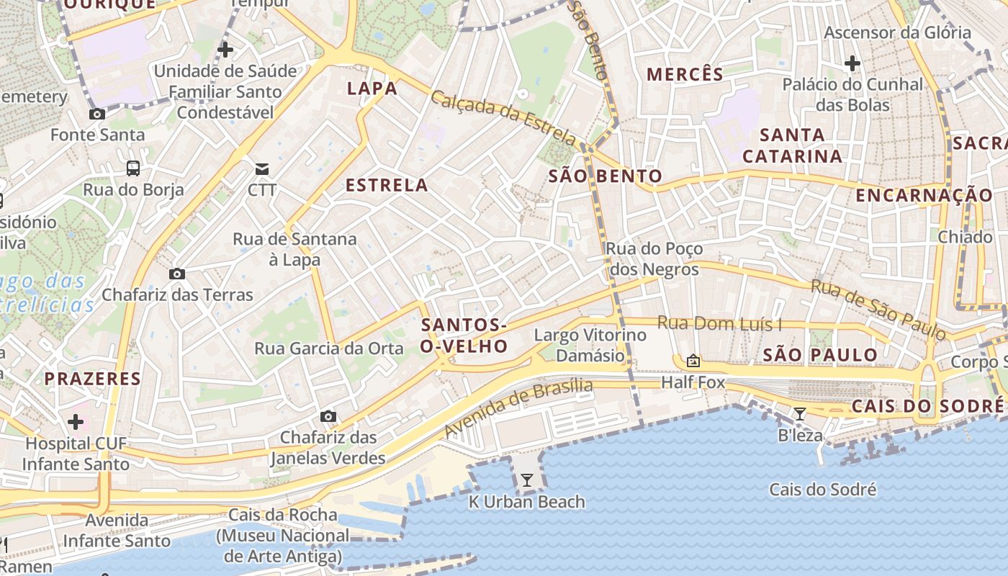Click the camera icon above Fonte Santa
96,114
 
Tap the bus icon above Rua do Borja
133,168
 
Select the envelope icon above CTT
262,169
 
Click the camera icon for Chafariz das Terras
176,274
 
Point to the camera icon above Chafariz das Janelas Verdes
328,416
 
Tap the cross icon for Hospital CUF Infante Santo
76,422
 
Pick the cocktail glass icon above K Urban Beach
527,480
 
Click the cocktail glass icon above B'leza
799,413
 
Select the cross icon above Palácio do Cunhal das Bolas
852,63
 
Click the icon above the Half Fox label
693,360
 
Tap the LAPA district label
372,89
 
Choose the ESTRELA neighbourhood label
387,185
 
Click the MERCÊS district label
685,74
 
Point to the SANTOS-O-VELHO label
464,336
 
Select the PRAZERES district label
92,378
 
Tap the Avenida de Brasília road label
518,409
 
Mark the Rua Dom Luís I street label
719,324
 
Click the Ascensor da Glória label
897,32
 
